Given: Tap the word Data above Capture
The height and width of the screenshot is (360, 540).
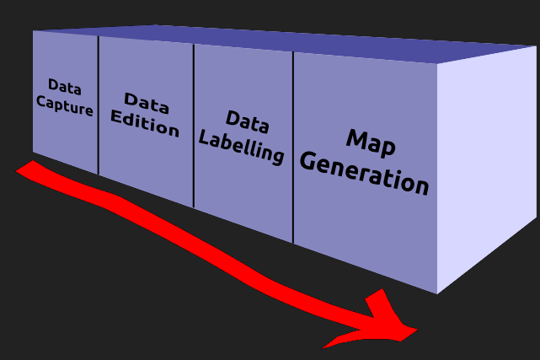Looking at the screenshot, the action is [64, 86].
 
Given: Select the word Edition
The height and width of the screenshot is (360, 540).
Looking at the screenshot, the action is [145, 126].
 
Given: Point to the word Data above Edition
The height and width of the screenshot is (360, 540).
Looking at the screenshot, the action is [147, 103].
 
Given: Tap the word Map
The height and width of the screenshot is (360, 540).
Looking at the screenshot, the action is [370, 143].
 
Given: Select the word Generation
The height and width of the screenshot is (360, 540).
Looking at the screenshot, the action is [364, 173].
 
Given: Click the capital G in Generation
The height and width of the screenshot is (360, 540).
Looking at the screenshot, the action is [308, 160].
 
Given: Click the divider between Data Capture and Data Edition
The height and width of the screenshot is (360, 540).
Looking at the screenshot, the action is [99, 105].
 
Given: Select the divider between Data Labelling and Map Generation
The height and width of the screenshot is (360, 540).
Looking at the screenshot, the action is [293, 148].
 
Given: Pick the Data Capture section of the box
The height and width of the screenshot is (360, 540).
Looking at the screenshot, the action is [66, 135].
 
